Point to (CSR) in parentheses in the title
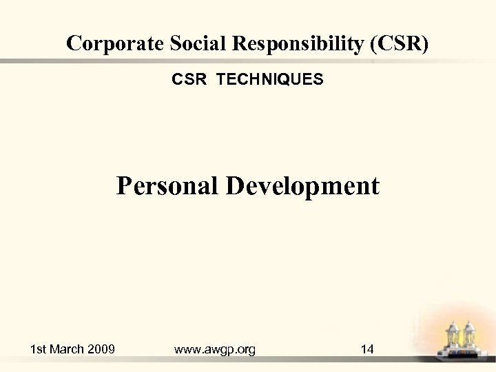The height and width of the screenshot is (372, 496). point(400,43)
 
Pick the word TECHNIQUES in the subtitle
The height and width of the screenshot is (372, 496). point(269,80)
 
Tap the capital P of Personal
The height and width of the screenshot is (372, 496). point(124,185)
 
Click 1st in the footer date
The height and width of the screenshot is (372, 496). point(39,349)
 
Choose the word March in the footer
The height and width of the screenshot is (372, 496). point(69,349)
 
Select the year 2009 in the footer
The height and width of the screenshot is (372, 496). point(101,349)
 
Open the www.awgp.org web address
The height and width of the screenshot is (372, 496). point(215,350)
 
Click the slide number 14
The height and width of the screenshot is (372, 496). point(367,349)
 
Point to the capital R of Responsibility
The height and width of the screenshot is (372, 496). point(242,43)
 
